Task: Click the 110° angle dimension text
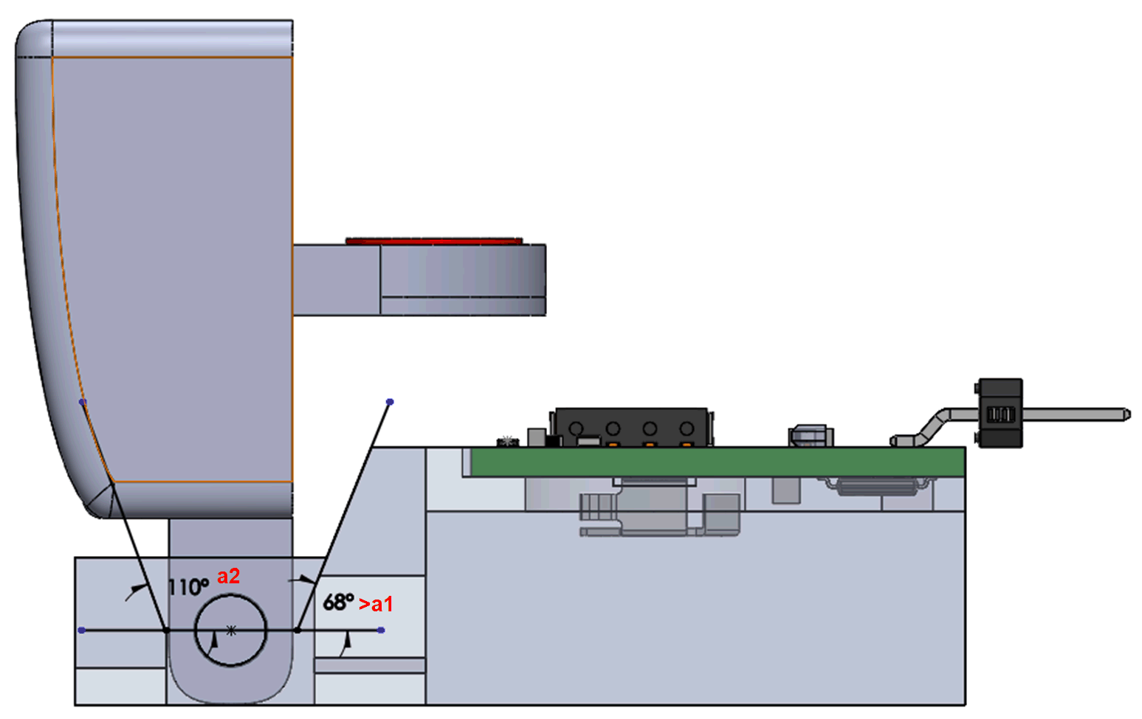pos(188,587)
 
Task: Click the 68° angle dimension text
pos(338,602)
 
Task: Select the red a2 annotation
pos(228,576)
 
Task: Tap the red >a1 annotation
pos(376,604)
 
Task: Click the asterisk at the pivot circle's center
pos(231,631)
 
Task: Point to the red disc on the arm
pos(434,241)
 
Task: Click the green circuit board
pos(716,462)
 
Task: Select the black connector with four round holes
pos(632,427)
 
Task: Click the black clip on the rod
pos(1000,413)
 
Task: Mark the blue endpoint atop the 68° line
pos(390,402)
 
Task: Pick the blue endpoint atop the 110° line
pos(83,402)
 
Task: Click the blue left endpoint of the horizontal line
pos(81,631)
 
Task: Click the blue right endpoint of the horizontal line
pos(381,631)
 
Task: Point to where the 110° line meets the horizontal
pos(166,631)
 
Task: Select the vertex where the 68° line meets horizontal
pos(297,631)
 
